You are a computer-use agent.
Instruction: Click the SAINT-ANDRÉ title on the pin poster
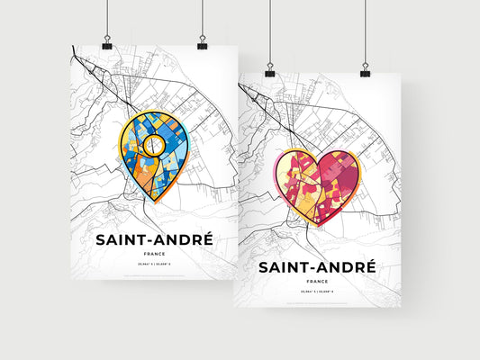click(x=155, y=240)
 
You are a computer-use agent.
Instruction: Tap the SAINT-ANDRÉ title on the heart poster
click(x=317, y=267)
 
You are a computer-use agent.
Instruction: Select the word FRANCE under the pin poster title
click(x=155, y=256)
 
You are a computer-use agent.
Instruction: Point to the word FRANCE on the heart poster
click(x=317, y=282)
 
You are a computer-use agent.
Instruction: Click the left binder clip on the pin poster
click(x=107, y=43)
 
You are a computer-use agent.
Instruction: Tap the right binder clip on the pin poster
click(x=202, y=43)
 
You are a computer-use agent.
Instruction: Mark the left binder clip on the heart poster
click(x=270, y=69)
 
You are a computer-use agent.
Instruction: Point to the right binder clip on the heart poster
click(x=365, y=69)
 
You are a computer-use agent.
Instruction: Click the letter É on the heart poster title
click(x=368, y=266)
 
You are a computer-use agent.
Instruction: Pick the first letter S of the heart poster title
click(x=266, y=268)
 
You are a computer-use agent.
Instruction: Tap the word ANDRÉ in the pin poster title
click(x=183, y=240)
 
